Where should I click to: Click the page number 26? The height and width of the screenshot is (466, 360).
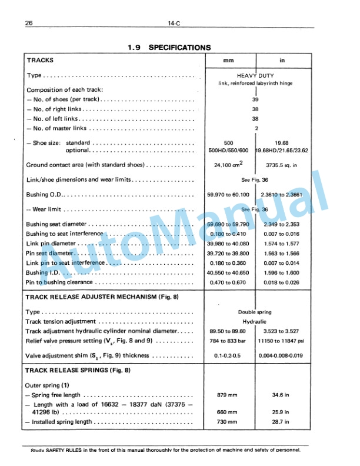pyautogui.click(x=29, y=24)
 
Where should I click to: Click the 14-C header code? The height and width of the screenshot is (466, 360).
pyautogui.click(x=172, y=24)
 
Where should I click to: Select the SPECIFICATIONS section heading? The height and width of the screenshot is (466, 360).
pyautogui.click(x=179, y=47)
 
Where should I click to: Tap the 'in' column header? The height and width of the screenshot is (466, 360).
pyautogui.click(x=282, y=60)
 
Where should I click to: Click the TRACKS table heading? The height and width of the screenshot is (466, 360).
pyautogui.click(x=40, y=60)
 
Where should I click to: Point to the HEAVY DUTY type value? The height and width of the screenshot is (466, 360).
pyautogui.click(x=256, y=76)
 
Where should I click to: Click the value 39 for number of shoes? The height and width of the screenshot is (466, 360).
pyautogui.click(x=255, y=99)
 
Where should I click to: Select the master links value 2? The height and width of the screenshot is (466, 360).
pyautogui.click(x=256, y=128)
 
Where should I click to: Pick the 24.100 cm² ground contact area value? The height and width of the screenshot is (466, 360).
pyautogui.click(x=229, y=165)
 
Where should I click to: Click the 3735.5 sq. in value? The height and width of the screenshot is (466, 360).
pyautogui.click(x=282, y=165)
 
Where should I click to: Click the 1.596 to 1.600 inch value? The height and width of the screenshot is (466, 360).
pyautogui.click(x=282, y=273)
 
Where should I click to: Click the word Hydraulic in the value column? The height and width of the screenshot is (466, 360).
pyautogui.click(x=255, y=322)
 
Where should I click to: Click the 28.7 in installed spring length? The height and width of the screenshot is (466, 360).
pyautogui.click(x=282, y=422)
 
